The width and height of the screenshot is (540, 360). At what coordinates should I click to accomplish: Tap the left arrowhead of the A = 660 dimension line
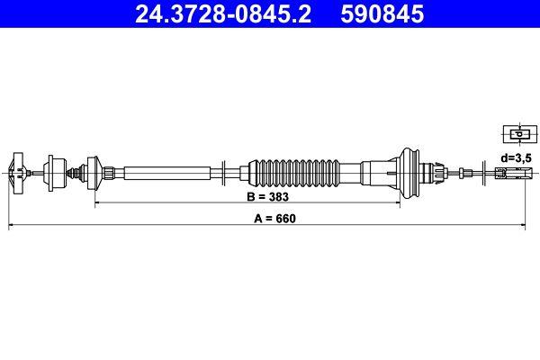(12, 227)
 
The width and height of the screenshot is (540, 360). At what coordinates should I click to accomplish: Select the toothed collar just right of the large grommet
(437, 170)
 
